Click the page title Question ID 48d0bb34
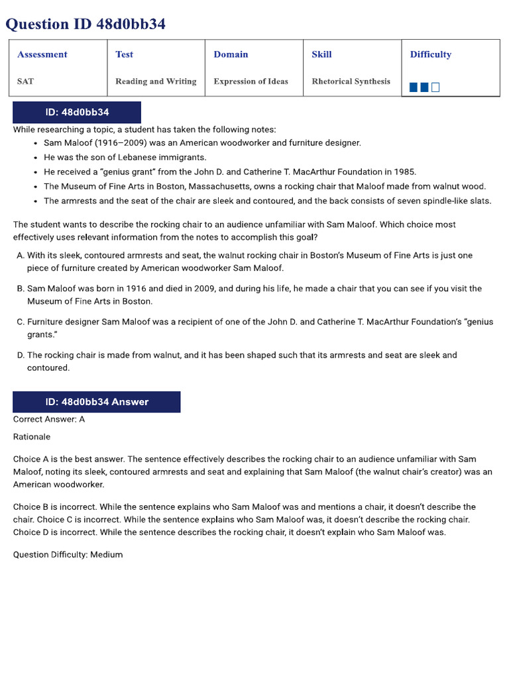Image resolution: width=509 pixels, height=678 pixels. tap(85, 24)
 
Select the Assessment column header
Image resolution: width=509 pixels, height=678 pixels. tap(42, 54)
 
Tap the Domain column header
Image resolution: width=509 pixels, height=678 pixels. tap(231, 54)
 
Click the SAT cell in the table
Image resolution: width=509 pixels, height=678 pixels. tap(25, 81)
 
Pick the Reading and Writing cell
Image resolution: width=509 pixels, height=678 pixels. tap(156, 81)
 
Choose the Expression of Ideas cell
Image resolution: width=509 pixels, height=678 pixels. tap(251, 81)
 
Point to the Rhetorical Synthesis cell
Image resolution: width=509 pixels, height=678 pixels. tap(351, 81)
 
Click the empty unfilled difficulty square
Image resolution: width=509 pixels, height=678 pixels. tap(435, 87)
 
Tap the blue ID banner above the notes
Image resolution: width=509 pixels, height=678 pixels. tap(77, 113)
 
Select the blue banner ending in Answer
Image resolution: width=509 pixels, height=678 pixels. tap(97, 402)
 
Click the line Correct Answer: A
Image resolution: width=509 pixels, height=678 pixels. tap(49, 419)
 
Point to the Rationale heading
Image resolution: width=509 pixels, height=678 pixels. tap(32, 437)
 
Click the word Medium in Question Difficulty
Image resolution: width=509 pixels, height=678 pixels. tap(107, 555)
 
